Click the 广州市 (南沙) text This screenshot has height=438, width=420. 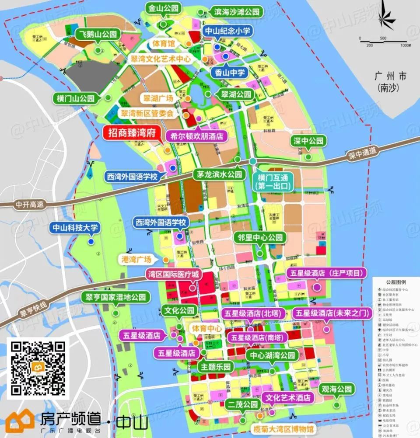(x=391, y=82)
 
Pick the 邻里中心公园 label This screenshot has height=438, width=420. (x=261, y=238)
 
